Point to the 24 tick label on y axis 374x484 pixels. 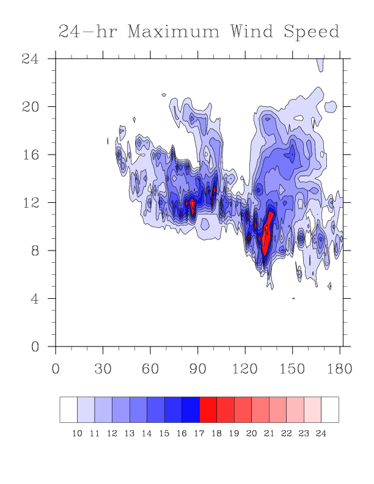coord(30,59)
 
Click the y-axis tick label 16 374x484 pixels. coord(30,155)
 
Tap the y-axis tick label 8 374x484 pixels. coord(35,251)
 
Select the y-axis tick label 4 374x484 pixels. coord(35,299)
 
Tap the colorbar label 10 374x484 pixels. coord(77,433)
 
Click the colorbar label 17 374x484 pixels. coord(199,433)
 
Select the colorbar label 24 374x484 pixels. coord(321,433)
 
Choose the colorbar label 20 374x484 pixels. coord(252,433)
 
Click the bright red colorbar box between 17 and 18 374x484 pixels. coord(208,409)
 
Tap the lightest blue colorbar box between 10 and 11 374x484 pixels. coord(86,409)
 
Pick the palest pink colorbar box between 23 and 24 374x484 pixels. coord(313,409)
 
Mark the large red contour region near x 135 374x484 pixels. coord(266,235)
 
